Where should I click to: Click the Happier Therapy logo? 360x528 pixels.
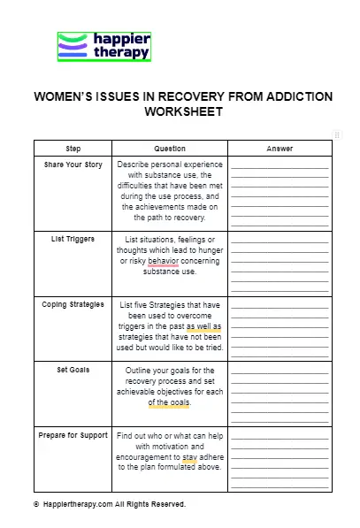pos(103,46)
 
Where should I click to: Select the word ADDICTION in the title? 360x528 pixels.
pos(289,96)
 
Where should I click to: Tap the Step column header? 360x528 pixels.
pos(73,149)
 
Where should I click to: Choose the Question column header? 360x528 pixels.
pos(170,149)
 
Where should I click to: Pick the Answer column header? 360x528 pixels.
pos(280,149)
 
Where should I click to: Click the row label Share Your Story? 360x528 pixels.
pos(73,164)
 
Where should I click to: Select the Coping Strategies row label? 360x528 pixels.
pos(73,304)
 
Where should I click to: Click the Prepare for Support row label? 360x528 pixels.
pos(73,435)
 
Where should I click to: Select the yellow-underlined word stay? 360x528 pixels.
pos(189,457)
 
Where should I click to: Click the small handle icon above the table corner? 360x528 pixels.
pos(337,134)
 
